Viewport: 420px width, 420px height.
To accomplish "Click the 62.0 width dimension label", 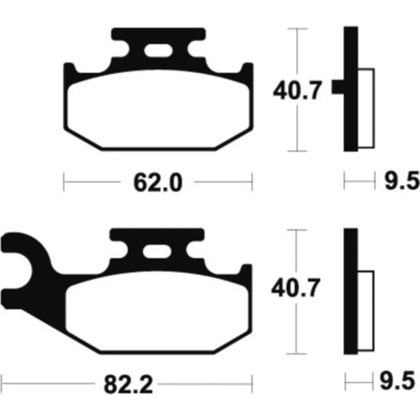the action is [158, 182].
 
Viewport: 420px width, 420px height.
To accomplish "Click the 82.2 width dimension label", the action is [128, 384].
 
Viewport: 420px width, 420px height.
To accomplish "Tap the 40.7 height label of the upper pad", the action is [297, 90].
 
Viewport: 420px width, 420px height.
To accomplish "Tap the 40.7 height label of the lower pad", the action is [296, 287].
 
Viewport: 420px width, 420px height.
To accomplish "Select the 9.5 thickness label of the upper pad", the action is [402, 181].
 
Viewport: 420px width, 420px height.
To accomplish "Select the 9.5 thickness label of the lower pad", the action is [397, 381].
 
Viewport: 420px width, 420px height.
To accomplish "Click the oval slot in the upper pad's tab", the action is [158, 51].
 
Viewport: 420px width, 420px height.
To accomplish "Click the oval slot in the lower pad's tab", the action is [157, 252].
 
